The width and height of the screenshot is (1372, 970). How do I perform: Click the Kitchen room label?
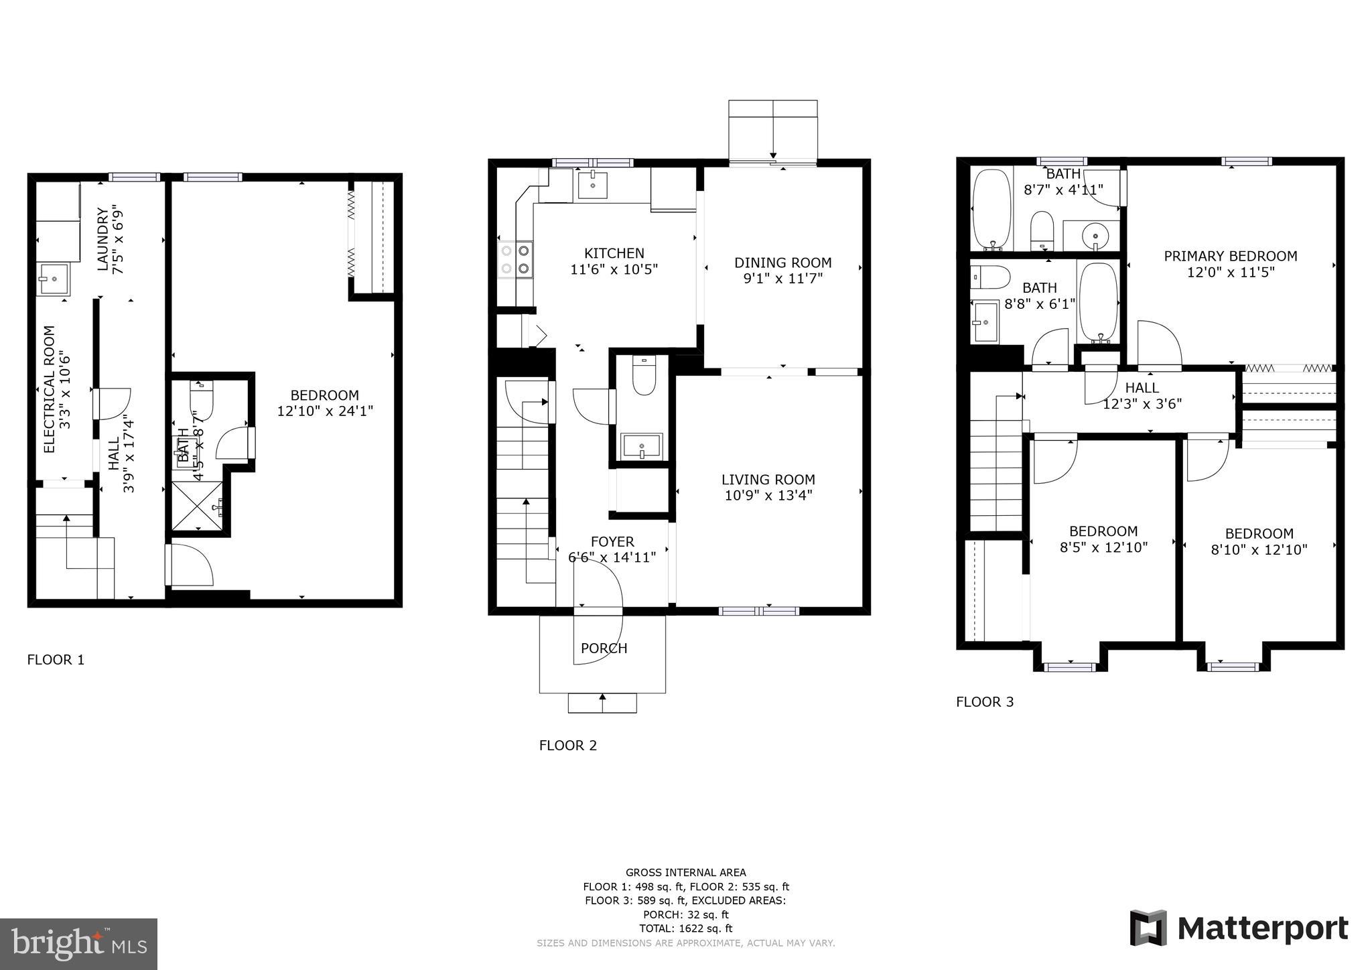point(614,253)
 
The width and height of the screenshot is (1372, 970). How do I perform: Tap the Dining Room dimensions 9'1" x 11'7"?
point(782,279)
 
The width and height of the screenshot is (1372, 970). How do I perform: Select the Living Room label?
point(768,480)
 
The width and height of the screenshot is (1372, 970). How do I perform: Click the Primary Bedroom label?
point(1230,256)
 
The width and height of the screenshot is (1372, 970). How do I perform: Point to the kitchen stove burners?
point(515,260)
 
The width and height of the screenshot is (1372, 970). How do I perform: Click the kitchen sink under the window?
point(592,184)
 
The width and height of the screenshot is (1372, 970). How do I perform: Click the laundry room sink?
point(53,278)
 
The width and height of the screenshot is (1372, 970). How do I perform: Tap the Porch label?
point(604,648)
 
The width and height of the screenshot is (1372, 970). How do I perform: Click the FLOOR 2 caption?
point(567,745)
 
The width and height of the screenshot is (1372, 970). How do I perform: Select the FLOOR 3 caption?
point(984,702)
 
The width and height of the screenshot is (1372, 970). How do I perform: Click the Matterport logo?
point(1239,928)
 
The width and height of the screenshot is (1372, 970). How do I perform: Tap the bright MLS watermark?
point(78,944)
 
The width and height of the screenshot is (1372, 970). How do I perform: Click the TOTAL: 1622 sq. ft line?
point(685,928)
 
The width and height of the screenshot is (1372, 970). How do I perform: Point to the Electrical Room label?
point(49,389)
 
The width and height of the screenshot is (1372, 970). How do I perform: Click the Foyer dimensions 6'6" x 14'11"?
point(612,557)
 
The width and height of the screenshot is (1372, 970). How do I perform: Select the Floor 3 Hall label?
point(1142,388)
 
